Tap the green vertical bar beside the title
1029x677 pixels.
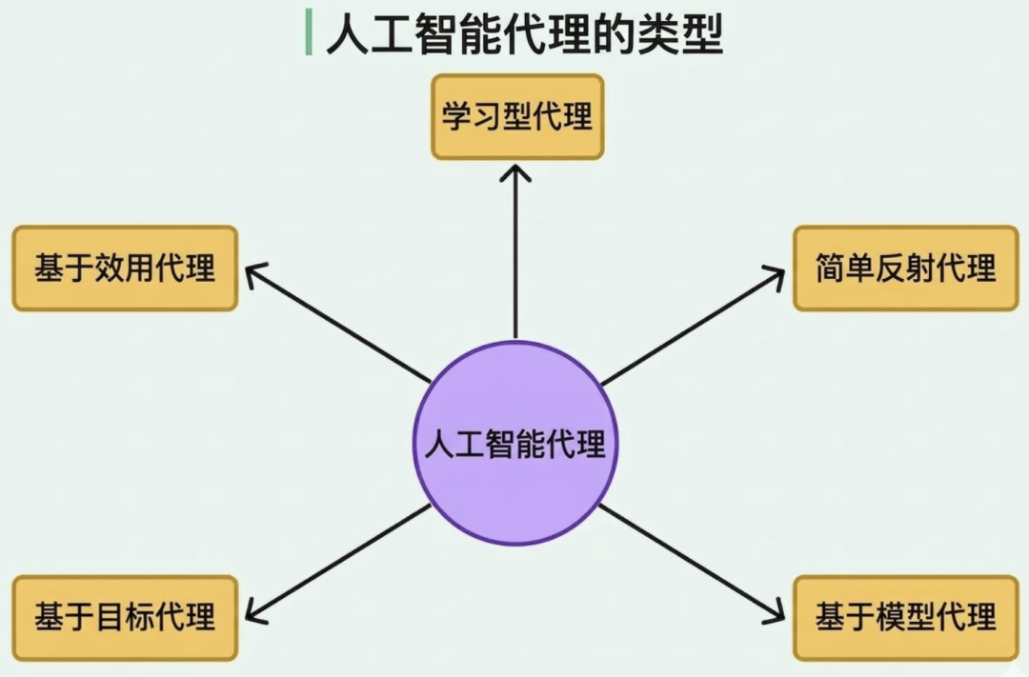point(309,33)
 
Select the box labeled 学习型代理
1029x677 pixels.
point(517,117)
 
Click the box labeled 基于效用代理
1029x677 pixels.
point(125,269)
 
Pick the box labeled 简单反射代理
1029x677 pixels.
point(905,269)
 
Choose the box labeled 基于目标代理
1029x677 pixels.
point(125,618)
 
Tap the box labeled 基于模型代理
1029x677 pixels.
point(905,618)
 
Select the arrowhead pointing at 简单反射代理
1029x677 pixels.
point(777,272)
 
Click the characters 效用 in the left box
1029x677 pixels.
point(125,269)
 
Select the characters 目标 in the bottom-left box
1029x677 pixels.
point(125,618)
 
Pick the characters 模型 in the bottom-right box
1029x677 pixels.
point(905,618)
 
